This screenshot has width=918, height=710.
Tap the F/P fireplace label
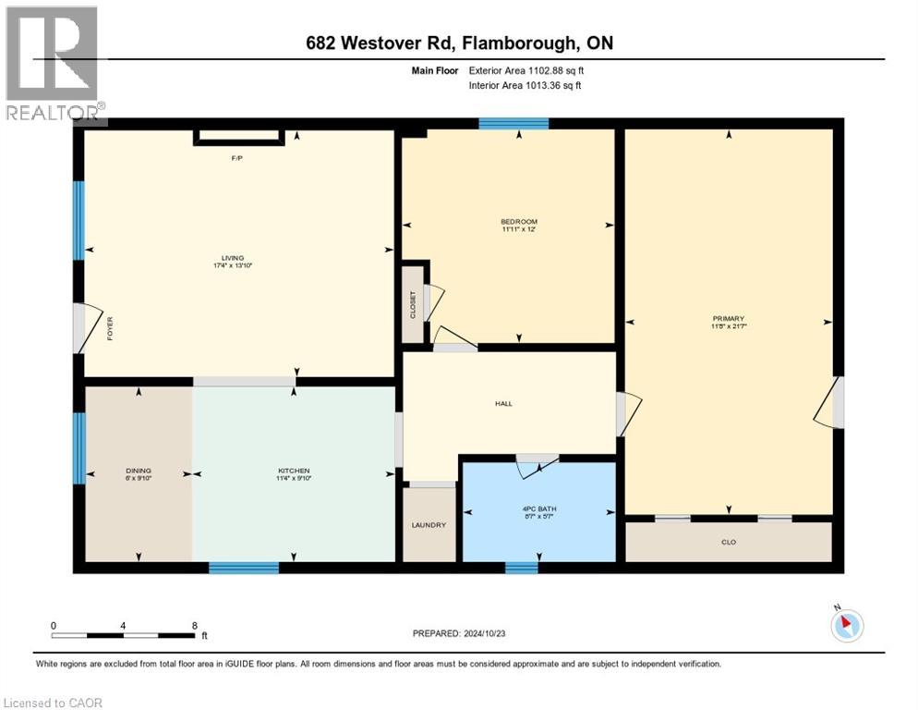(236, 158)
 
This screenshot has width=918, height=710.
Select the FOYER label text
(110, 329)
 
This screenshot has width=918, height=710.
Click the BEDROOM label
(518, 222)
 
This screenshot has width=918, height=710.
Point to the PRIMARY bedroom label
(728, 319)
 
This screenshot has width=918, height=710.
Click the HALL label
(503, 403)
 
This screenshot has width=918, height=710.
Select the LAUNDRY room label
(429, 525)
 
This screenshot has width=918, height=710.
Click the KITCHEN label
(294, 471)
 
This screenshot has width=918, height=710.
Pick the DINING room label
(139, 471)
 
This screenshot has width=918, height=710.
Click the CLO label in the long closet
(729, 542)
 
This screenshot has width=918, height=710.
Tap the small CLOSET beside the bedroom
(413, 305)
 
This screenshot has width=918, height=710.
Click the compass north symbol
(846, 625)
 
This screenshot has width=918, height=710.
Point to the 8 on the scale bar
(194, 625)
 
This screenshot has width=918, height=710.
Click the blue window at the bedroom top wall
(513, 124)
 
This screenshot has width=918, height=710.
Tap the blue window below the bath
(522, 568)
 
